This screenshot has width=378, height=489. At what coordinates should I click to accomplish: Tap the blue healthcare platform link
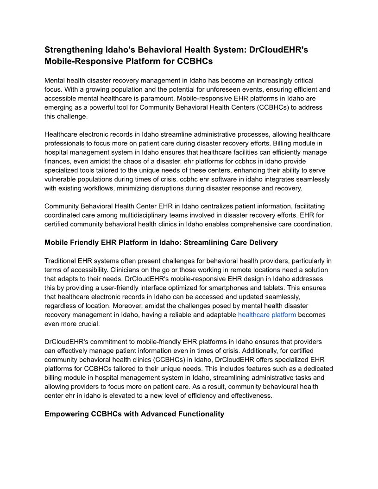[x=267, y=315]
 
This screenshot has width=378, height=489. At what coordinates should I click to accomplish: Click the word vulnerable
[x=62, y=179]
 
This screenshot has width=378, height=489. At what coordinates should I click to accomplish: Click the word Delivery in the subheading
[x=262, y=242]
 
